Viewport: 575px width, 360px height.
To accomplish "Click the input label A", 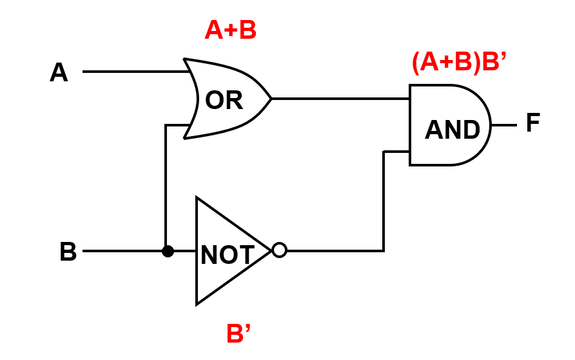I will [59, 72].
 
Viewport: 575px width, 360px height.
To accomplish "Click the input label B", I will [68, 252].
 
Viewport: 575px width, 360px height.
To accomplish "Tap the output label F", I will [532, 123].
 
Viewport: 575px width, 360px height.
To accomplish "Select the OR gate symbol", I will [226, 99].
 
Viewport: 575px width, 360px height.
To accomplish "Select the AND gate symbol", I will [449, 125].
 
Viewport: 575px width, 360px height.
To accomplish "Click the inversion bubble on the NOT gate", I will [279, 250].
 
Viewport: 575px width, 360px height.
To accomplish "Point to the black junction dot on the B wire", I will [168, 251].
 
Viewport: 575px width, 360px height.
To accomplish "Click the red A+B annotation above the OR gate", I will [230, 30].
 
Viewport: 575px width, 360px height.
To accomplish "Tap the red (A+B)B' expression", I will [459, 63].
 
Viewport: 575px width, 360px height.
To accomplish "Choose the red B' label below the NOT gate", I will [238, 334].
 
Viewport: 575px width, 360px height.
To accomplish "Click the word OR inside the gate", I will [224, 101].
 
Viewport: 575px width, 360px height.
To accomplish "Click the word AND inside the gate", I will [453, 130].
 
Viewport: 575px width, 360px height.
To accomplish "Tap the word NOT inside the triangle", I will [227, 255].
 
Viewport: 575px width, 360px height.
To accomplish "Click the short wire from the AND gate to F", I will [503, 125].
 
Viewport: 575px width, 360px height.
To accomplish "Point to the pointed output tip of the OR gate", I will [270, 99].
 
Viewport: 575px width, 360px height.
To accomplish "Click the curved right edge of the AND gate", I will [489, 125].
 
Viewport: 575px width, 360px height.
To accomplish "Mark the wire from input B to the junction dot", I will [122, 251].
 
